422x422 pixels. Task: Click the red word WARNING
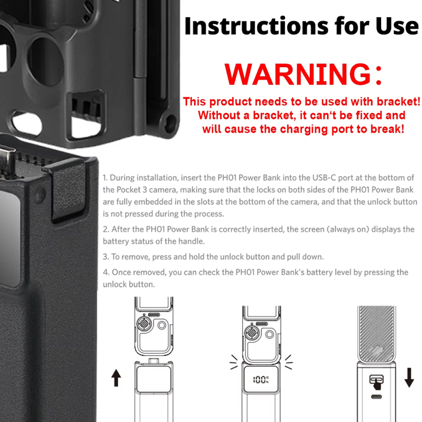[298, 74]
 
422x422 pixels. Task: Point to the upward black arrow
[116, 377]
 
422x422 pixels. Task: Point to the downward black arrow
[409, 377]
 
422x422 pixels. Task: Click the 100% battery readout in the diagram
[260, 380]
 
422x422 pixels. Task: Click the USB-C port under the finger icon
[376, 397]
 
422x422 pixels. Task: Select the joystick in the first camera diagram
[144, 323]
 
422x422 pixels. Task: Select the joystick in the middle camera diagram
[252, 333]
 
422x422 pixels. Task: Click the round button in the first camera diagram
[162, 326]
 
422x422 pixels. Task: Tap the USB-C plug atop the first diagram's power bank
[154, 360]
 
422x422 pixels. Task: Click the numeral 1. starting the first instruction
[105, 178]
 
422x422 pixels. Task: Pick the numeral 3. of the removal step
[106, 257]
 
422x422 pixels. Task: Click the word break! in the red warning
[387, 129]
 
